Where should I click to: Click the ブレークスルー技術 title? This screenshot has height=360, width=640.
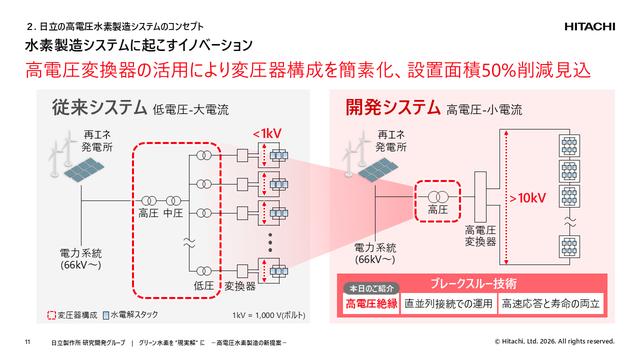click(479, 283)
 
